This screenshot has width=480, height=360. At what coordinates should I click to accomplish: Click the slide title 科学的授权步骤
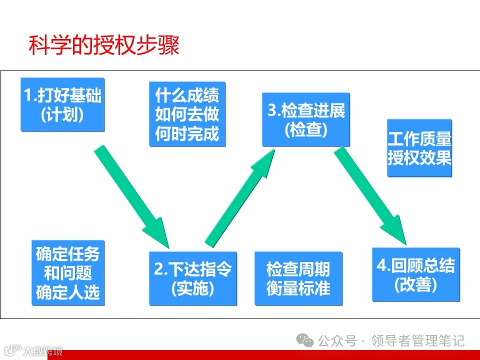[103, 45]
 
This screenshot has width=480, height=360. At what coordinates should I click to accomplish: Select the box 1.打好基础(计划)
[62, 104]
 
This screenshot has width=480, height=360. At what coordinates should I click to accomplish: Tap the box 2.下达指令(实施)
[193, 278]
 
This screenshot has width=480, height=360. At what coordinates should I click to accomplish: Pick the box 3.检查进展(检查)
[306, 119]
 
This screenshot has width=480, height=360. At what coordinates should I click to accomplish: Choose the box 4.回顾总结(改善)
[415, 274]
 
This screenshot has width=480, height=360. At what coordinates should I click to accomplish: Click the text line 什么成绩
[187, 94]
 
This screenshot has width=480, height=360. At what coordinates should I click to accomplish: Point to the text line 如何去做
[187, 114]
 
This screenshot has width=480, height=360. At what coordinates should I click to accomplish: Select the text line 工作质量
[419, 138]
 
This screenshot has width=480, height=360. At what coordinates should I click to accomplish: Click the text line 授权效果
[419, 158]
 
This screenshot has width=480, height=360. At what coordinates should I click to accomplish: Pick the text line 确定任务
[67, 254]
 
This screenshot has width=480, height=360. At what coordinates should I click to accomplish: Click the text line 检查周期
[298, 269]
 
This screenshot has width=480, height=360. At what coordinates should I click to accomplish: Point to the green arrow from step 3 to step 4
[372, 194]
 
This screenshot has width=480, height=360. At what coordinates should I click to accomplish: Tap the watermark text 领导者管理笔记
[418, 341]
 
